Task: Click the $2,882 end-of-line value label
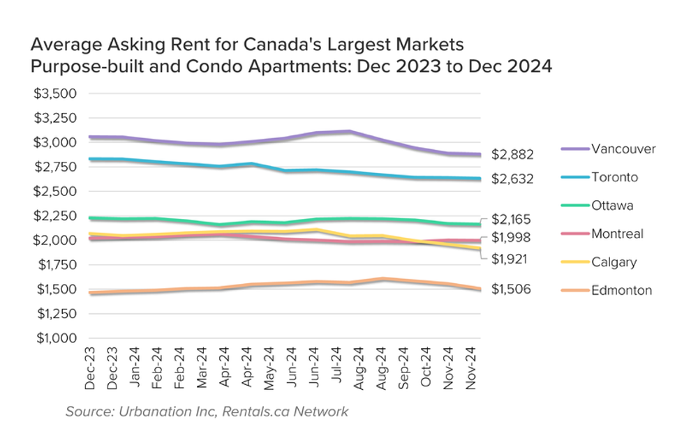click(512, 154)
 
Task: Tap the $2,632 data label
click(512, 179)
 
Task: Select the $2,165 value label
click(512, 218)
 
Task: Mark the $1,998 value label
click(512, 238)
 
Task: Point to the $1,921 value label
click(512, 259)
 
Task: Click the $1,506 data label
click(512, 289)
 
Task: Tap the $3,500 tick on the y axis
click(54, 93)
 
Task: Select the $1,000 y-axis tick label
click(54, 338)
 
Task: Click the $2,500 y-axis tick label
click(54, 191)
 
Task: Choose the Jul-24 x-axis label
click(338, 368)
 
